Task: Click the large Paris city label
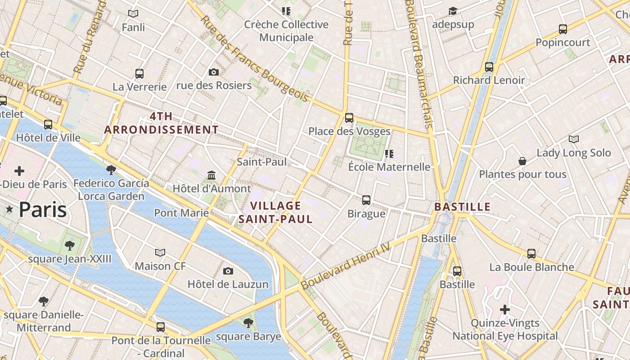point(43,210)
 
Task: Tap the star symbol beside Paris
point(9,209)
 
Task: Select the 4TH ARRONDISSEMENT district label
point(161,123)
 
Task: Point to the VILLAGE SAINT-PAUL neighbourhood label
point(275,212)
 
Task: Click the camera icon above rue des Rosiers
point(214,72)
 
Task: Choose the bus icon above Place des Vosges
point(349,118)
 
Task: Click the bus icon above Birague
point(366,200)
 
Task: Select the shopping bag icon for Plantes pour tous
point(522,161)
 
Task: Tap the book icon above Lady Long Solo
point(573,139)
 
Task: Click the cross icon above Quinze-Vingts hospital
point(505,310)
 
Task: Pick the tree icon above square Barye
point(248,323)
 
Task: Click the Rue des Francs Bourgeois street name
point(255,59)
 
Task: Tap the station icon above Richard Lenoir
point(489,67)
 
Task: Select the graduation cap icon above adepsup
point(453,11)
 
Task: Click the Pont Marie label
point(181,212)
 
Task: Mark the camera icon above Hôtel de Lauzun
point(228,271)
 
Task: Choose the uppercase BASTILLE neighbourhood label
point(462,207)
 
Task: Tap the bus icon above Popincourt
point(562,29)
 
